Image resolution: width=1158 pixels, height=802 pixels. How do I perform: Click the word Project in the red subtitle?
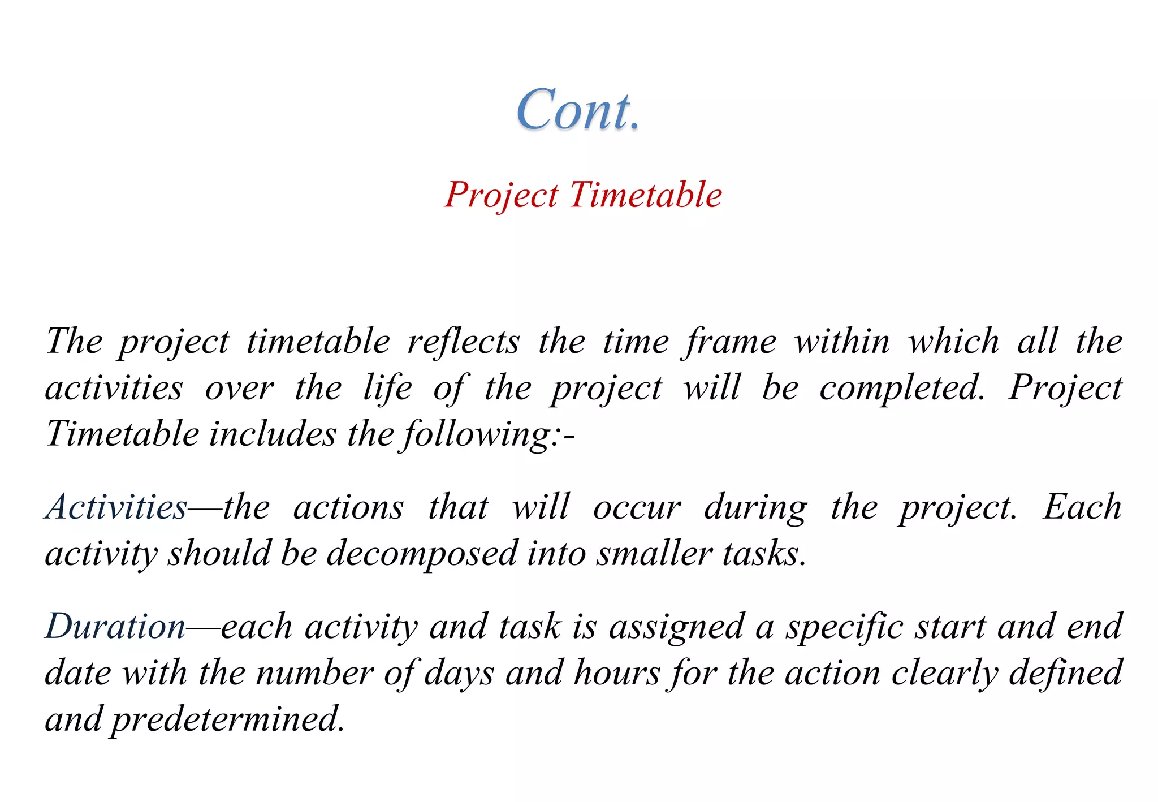tap(501, 195)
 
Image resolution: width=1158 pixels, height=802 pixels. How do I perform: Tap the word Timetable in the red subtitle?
tap(645, 195)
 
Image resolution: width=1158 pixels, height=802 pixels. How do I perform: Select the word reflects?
tap(463, 342)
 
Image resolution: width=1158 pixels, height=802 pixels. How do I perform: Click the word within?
tap(842, 342)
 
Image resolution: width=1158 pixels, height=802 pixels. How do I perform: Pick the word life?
tap(387, 389)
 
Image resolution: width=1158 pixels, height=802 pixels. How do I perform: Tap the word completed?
tap(901, 389)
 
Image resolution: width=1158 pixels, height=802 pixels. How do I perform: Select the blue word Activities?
tap(116, 507)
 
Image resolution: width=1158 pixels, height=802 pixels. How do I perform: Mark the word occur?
tap(637, 507)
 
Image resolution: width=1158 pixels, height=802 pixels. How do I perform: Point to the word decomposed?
tap(422, 554)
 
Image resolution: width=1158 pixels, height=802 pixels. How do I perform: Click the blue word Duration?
tap(115, 627)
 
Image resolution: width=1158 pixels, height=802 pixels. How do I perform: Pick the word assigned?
tap(676, 627)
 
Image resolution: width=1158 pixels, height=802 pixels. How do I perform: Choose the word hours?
tap(617, 674)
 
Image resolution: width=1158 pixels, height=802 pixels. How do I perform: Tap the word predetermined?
tap(228, 719)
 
